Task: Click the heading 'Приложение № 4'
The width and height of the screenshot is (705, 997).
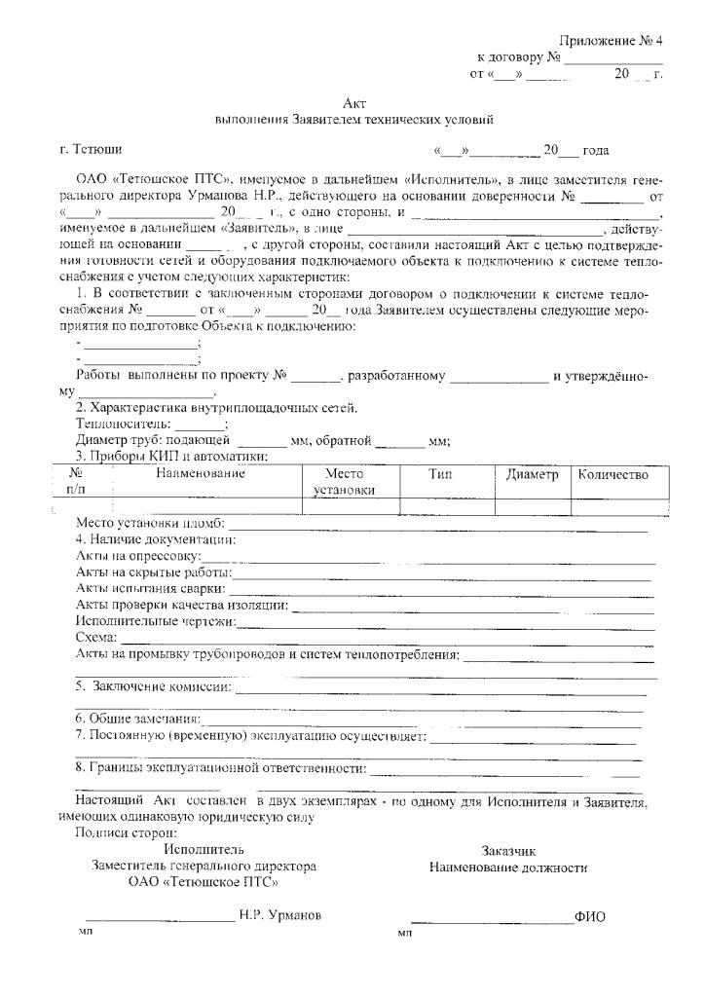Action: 610,40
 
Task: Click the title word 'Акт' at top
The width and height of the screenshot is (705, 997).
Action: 354,103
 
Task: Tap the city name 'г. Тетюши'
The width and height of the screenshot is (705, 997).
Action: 91,150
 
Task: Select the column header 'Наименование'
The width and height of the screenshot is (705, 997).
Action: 200,474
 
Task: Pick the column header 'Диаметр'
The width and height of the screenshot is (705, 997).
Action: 532,474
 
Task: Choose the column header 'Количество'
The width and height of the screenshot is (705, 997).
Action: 612,474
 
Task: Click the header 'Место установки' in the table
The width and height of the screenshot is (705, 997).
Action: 344,482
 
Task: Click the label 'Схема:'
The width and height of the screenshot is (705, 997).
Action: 95,637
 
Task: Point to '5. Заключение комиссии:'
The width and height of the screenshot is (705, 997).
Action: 154,686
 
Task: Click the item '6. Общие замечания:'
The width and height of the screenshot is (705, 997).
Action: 138,719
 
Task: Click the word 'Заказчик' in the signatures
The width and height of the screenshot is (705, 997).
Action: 507,850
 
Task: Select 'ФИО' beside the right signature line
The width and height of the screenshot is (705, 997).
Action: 589,916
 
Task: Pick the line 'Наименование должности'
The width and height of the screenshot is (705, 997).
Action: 507,867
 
